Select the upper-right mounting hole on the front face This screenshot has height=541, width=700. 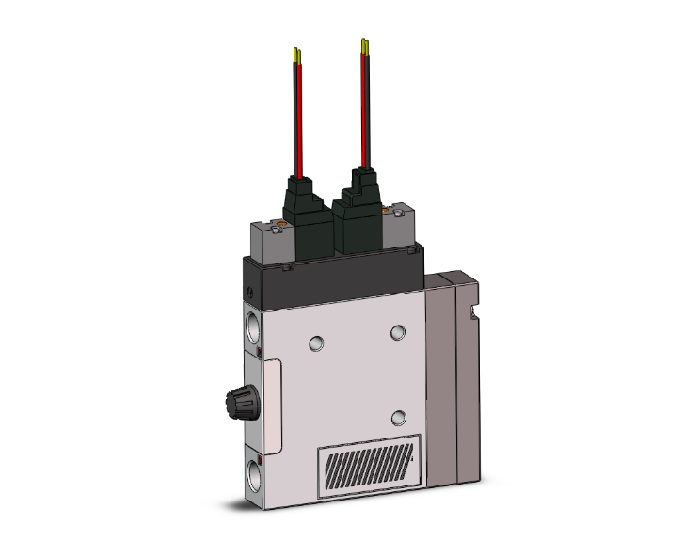[399, 331]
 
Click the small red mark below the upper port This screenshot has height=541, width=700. [258, 352]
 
